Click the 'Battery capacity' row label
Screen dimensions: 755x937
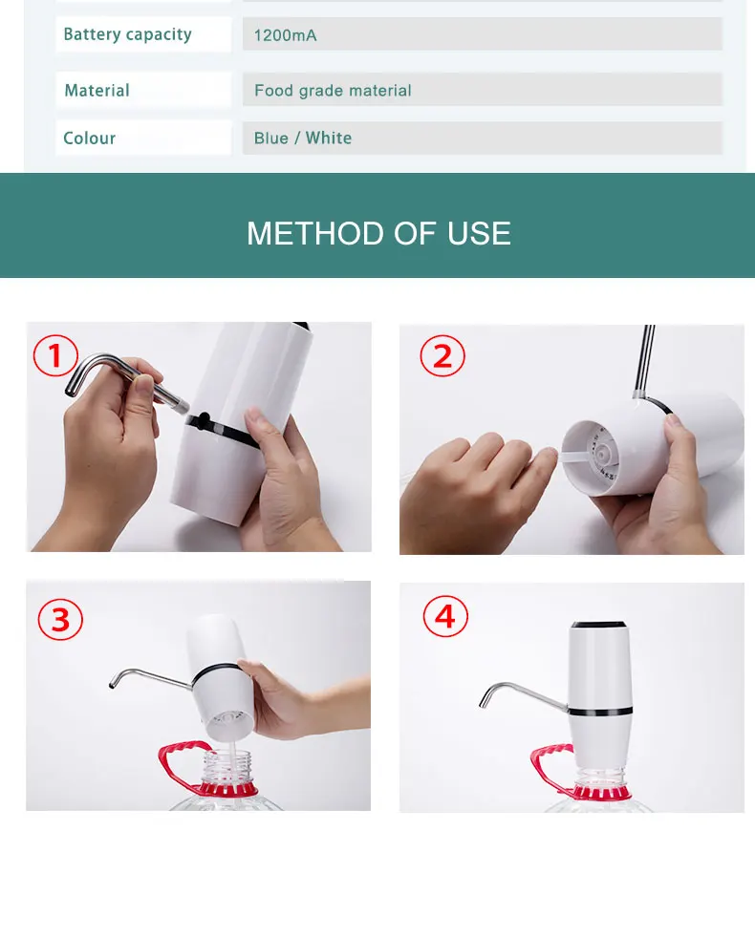click(x=127, y=34)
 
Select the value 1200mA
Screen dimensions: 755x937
click(x=285, y=35)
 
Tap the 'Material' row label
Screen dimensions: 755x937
click(x=97, y=90)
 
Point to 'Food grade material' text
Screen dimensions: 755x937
click(x=333, y=91)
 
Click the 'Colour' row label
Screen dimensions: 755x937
click(x=90, y=138)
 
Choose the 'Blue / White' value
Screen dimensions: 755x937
click(x=303, y=138)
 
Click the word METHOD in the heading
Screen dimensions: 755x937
click(x=317, y=233)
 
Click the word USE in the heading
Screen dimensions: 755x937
click(x=479, y=233)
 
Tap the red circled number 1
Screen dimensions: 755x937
click(x=55, y=355)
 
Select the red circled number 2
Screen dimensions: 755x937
click(x=442, y=356)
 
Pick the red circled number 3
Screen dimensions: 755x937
click(x=60, y=619)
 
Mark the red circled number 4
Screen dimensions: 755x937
click(x=445, y=616)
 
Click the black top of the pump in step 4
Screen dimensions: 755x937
click(x=598, y=624)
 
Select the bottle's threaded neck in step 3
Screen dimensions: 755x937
click(x=227, y=767)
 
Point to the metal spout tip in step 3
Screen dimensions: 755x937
click(x=112, y=685)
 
